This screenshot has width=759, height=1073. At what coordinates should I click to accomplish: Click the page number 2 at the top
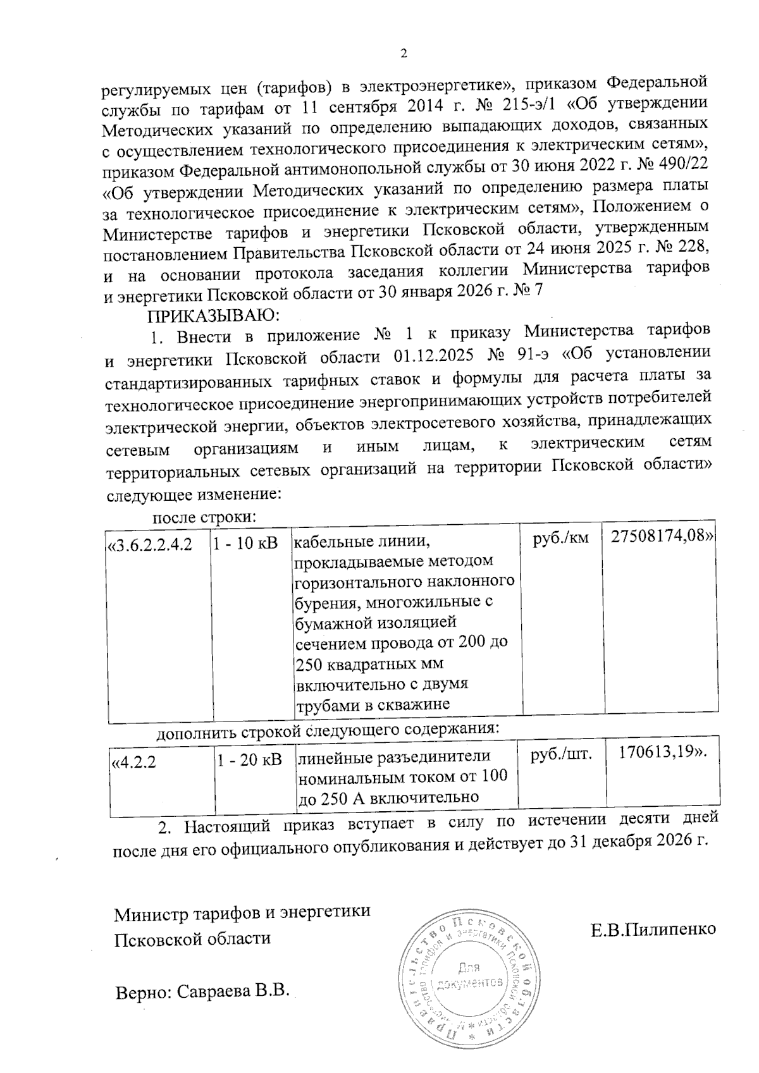(404, 54)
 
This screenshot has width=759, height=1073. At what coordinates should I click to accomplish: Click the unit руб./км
(561, 537)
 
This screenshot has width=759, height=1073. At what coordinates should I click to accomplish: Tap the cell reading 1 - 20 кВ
(249, 760)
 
